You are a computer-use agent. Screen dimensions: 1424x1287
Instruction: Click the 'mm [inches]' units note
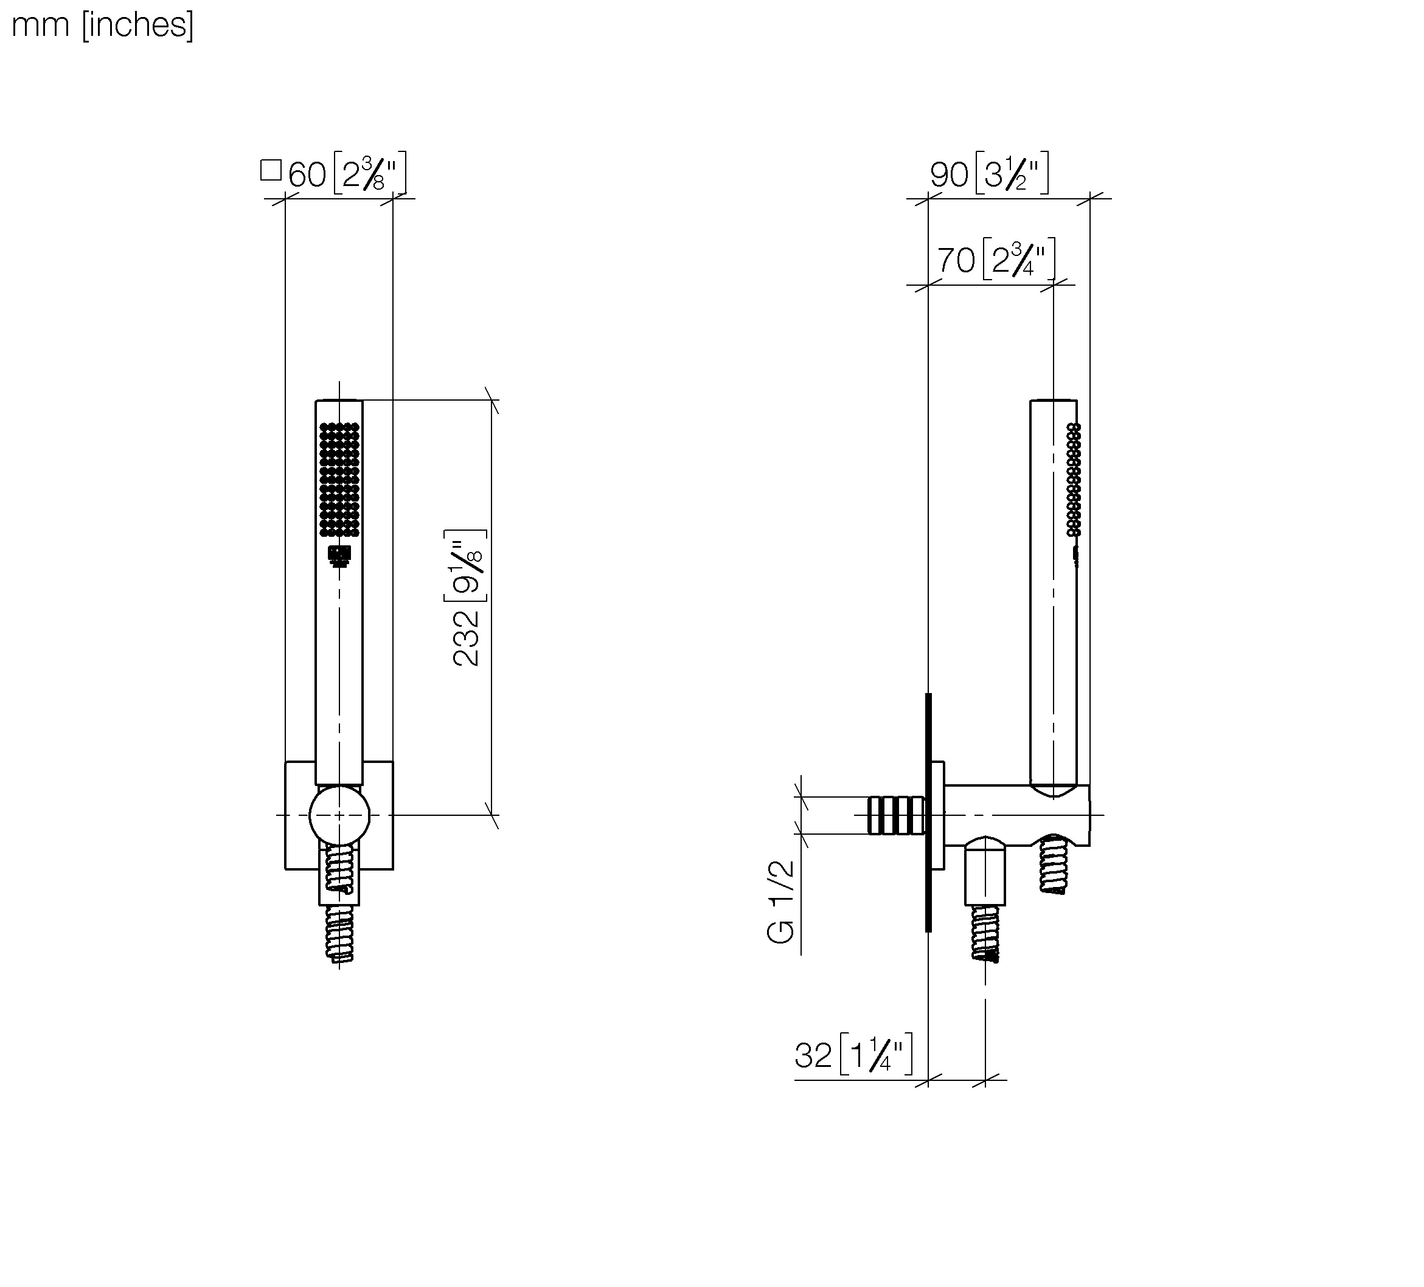coord(102,26)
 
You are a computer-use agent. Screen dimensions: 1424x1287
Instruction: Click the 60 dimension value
coord(307,174)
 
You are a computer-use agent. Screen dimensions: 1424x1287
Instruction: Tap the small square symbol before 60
coord(271,170)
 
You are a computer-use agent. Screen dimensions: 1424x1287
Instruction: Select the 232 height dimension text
coord(466,640)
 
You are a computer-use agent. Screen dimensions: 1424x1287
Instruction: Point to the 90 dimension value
coord(950,174)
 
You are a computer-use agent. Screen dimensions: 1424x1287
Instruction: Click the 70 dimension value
coord(956,261)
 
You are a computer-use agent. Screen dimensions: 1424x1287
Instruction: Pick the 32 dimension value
coord(814,1056)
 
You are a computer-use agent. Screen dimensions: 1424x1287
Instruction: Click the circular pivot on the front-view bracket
coord(340,815)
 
